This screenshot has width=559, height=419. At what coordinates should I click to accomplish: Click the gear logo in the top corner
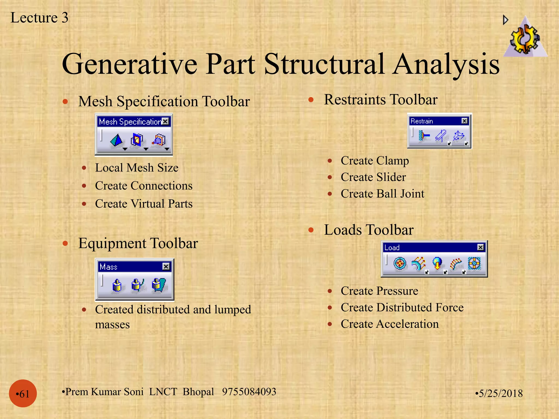pyautogui.click(x=525, y=38)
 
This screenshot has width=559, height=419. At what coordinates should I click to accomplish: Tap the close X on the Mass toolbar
pyautogui.click(x=166, y=266)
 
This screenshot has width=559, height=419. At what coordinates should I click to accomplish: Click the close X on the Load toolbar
pyautogui.click(x=480, y=247)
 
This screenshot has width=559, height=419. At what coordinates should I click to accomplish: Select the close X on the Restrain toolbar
pyautogui.click(x=464, y=121)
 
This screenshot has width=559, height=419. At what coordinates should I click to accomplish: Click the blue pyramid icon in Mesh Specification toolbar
pyautogui.click(x=117, y=140)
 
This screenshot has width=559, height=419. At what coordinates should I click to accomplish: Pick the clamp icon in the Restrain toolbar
pyautogui.click(x=424, y=135)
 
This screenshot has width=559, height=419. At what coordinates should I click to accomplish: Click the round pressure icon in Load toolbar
pyautogui.click(x=400, y=263)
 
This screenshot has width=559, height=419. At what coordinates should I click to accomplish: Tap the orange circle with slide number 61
pyautogui.click(x=23, y=393)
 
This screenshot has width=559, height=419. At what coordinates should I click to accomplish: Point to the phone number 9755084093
pyautogui.click(x=249, y=391)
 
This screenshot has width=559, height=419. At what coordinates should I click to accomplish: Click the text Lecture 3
pyautogui.click(x=39, y=18)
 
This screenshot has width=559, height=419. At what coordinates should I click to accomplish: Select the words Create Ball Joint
pyautogui.click(x=382, y=194)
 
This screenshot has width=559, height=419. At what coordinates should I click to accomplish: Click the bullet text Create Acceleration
pyautogui.click(x=389, y=324)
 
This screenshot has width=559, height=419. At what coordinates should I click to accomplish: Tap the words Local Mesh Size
pyautogui.click(x=136, y=168)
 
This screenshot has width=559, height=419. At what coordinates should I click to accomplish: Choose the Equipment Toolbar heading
pyautogui.click(x=138, y=243)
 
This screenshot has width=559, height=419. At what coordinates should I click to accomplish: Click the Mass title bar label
pyautogui.click(x=109, y=267)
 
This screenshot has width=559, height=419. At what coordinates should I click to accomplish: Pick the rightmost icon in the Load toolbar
pyautogui.click(x=474, y=263)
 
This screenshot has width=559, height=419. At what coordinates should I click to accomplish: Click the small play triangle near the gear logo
pyautogui.click(x=505, y=20)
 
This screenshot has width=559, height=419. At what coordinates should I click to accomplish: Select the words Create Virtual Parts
pyautogui.click(x=144, y=204)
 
